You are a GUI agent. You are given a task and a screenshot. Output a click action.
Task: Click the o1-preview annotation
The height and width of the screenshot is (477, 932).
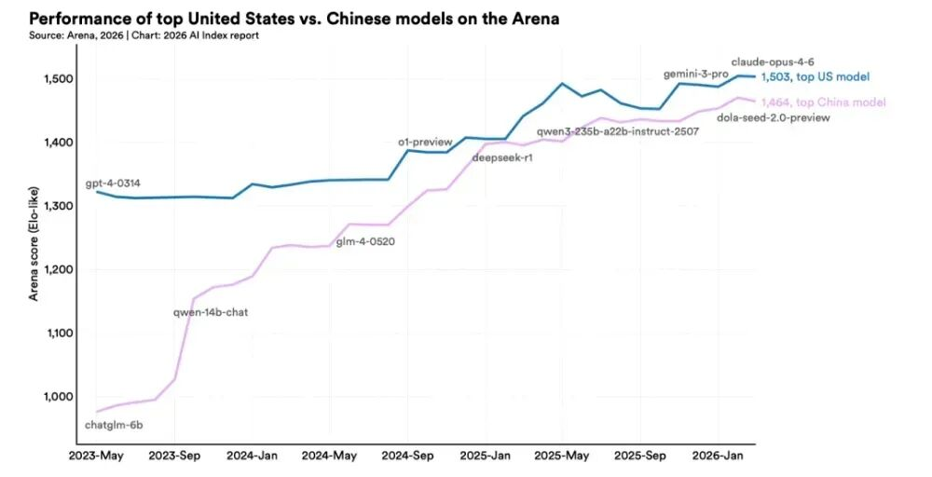[424, 141]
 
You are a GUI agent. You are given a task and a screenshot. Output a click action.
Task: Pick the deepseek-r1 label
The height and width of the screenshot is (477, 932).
[502, 157]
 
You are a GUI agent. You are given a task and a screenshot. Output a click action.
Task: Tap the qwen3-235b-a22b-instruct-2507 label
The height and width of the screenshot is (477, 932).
[618, 131]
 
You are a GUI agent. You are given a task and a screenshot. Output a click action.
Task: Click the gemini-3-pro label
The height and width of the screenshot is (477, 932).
[695, 73]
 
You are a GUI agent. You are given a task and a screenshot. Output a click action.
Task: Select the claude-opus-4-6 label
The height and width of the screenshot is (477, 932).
[773, 61]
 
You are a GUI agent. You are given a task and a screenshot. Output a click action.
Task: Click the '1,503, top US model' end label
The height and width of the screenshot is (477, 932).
[815, 77]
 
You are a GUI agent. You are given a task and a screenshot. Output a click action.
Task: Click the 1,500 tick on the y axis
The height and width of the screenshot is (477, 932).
[58, 79]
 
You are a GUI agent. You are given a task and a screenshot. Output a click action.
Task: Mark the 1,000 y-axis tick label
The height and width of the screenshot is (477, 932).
[58, 396]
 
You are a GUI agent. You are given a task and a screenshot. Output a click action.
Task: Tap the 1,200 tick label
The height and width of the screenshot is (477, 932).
[58, 269]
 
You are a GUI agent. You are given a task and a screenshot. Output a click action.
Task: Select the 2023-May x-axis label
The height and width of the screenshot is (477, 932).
[97, 456]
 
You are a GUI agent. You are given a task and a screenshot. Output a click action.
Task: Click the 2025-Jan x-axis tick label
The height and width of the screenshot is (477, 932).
[486, 456]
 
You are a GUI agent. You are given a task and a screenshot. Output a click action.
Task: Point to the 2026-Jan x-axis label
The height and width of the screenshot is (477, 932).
[719, 456]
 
